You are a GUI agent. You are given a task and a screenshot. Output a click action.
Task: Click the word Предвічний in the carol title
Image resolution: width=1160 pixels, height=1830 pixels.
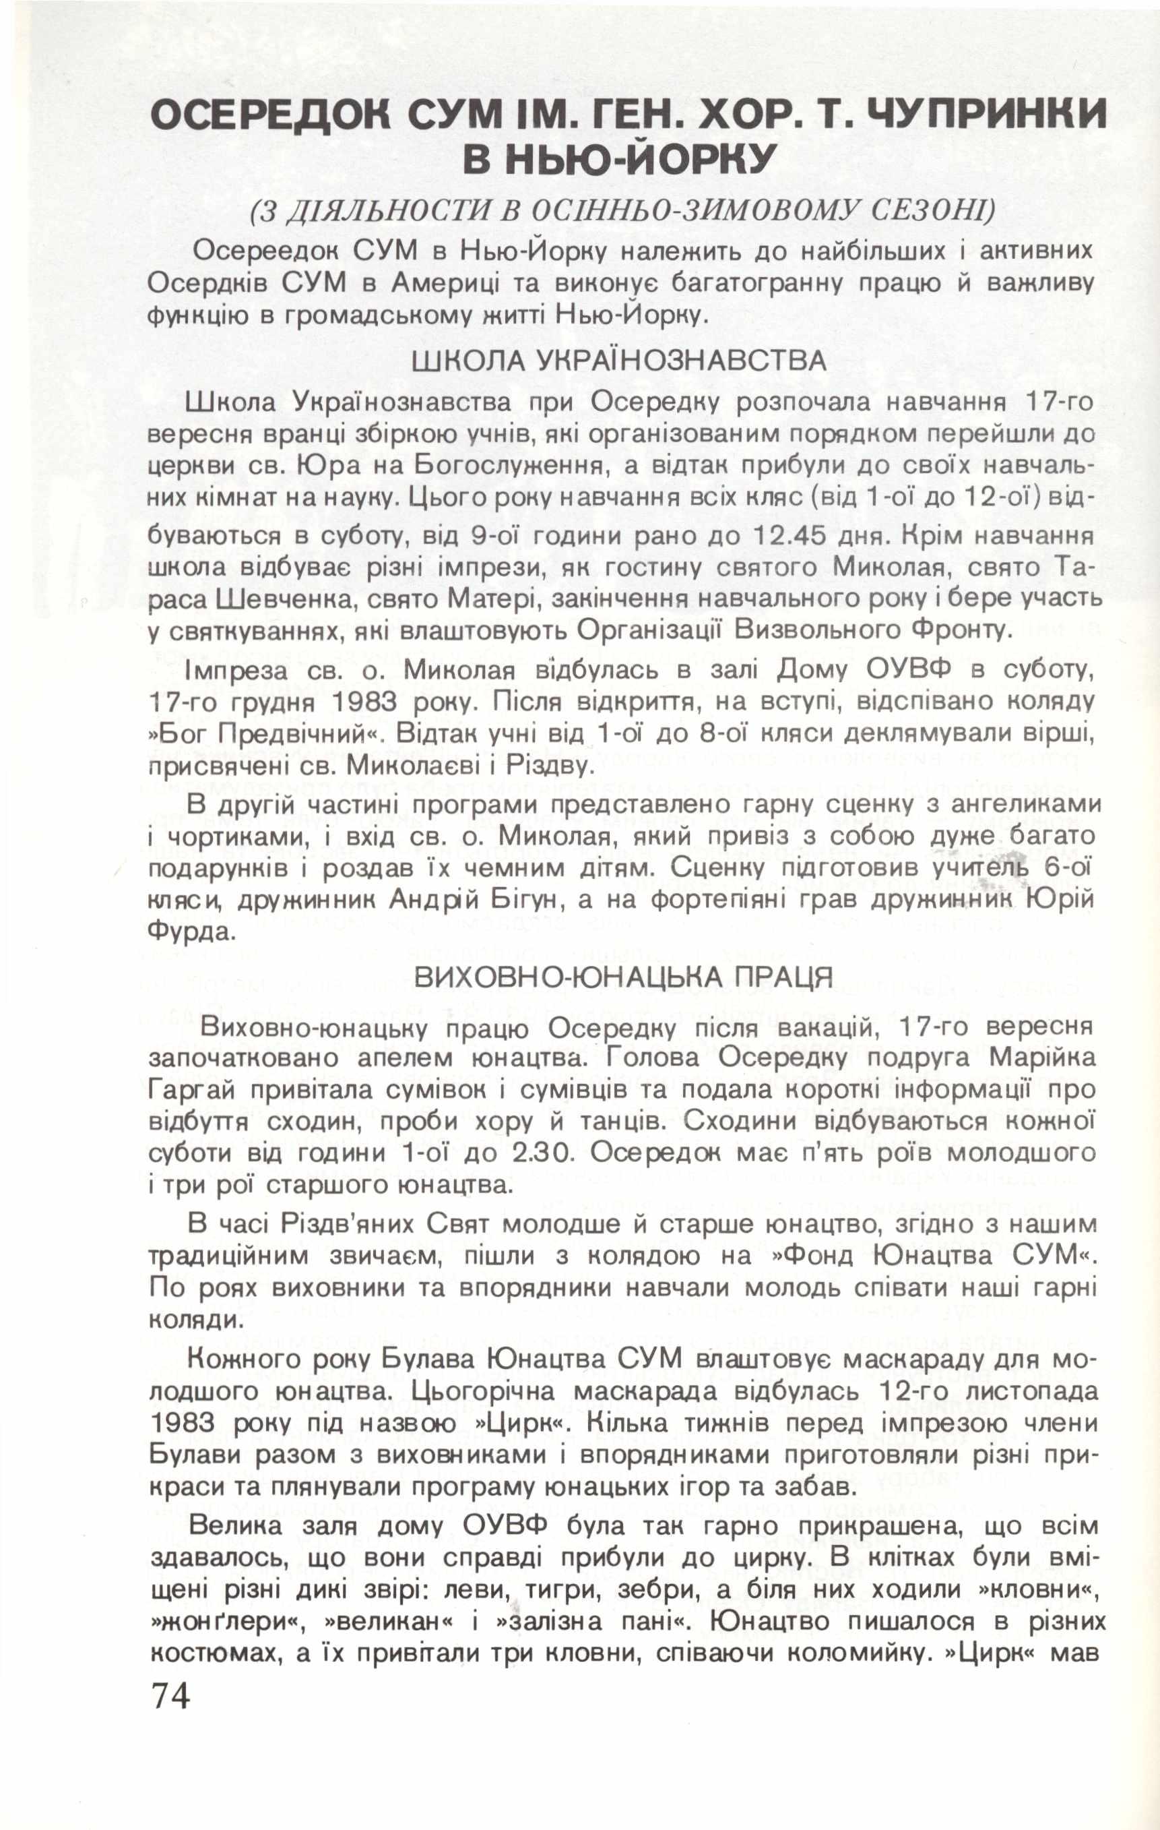(297, 735)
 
